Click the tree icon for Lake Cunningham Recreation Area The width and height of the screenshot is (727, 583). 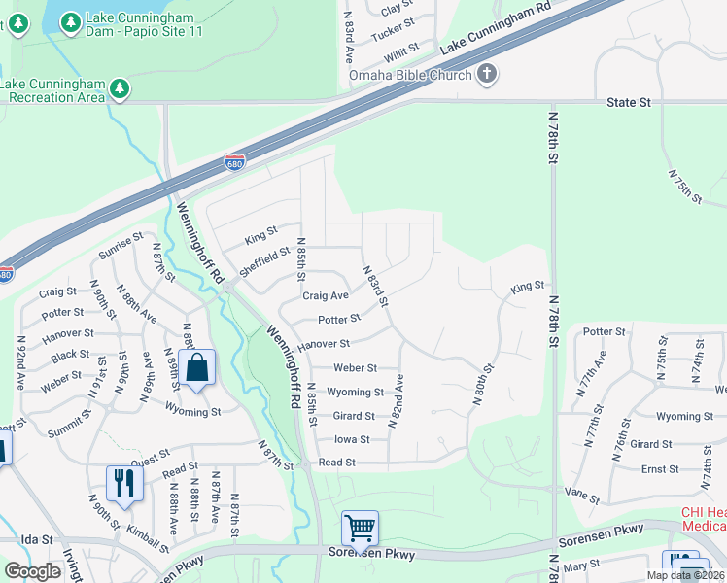point(120,89)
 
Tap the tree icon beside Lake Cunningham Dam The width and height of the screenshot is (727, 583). point(69,21)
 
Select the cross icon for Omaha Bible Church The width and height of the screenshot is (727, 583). point(486,74)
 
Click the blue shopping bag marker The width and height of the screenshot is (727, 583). point(196,368)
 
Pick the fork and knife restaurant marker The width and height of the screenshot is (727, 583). point(124,482)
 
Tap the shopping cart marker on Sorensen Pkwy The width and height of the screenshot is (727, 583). point(360,530)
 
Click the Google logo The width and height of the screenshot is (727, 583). point(33,571)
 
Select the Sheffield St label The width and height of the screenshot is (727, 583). point(265,261)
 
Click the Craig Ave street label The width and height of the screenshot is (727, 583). point(325,295)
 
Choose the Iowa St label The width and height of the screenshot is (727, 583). point(352,439)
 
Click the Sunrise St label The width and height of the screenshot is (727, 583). point(121,250)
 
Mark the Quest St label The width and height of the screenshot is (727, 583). point(150,454)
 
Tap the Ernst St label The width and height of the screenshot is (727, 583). point(660,469)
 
